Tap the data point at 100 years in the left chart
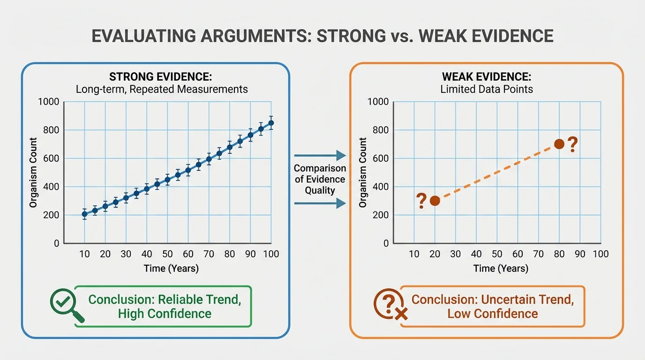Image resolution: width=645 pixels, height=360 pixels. [x=270, y=123]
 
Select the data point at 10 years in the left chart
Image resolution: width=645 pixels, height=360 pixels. [x=84, y=214]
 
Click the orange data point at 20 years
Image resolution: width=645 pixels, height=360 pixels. [x=435, y=201]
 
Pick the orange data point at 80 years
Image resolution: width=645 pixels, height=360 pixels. [x=559, y=144]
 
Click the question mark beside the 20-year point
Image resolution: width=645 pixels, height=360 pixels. [x=421, y=201]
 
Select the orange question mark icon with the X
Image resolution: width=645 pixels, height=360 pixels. [x=389, y=305]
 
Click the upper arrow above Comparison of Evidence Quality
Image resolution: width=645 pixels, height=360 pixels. [x=320, y=155]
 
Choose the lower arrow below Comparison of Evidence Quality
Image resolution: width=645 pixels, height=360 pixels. [x=320, y=203]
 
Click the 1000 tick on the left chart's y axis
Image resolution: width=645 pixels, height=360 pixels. [x=49, y=102]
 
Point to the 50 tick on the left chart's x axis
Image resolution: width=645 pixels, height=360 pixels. [x=167, y=254]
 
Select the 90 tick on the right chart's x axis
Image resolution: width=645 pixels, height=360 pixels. [x=580, y=254]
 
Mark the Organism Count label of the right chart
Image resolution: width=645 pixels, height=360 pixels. [x=362, y=172]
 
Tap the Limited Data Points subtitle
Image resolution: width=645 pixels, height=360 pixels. [x=487, y=89]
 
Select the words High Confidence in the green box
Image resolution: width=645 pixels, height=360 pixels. [x=165, y=313]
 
